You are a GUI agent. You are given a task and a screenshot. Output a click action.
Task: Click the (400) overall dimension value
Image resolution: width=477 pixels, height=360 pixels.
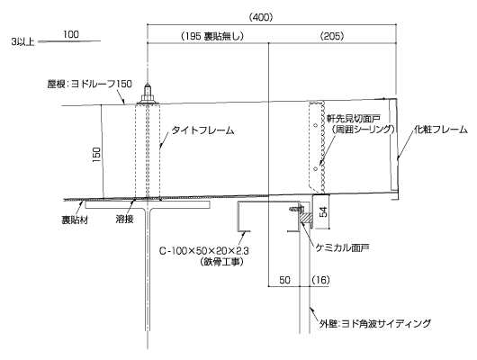pyautogui.click(x=261, y=18)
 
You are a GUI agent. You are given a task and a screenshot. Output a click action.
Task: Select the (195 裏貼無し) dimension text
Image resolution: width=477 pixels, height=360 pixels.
pyautogui.click(x=212, y=37)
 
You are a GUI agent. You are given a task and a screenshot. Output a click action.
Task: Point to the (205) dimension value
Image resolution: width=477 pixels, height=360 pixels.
pyautogui.click(x=332, y=37)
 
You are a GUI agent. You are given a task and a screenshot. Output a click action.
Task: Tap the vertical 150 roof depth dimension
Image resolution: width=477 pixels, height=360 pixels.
pyautogui.click(x=96, y=154)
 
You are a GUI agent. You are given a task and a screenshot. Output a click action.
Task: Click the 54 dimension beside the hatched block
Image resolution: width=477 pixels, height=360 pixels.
pyautogui.click(x=324, y=211)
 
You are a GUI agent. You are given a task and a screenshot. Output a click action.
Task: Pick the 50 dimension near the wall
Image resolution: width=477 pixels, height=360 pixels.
pyautogui.click(x=284, y=280)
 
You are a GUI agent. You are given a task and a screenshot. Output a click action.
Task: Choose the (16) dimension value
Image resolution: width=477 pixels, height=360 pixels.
pyautogui.click(x=320, y=280)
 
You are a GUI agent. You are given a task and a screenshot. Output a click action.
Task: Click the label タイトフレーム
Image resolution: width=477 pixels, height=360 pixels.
pyautogui.click(x=202, y=130)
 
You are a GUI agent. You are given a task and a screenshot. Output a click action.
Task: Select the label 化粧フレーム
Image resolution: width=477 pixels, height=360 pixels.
pyautogui.click(x=441, y=130)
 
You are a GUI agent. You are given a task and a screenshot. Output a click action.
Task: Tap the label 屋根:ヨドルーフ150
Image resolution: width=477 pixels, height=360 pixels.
pyautogui.click(x=89, y=84)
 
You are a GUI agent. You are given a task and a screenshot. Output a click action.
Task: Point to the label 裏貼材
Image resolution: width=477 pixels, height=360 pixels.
pyautogui.click(x=75, y=220)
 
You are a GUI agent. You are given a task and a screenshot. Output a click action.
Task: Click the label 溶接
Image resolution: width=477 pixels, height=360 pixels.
pyautogui.click(x=124, y=219)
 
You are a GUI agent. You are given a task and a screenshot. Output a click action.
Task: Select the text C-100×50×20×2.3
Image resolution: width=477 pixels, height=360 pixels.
pyautogui.click(x=204, y=251)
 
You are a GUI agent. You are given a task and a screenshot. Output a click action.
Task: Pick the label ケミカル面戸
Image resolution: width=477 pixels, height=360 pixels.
pyautogui.click(x=342, y=247)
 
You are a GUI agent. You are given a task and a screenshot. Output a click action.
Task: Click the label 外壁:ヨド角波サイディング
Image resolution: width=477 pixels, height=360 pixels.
pyautogui.click(x=375, y=323)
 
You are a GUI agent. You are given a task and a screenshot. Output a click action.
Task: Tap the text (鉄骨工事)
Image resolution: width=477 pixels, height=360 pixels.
pyautogui.click(x=221, y=262)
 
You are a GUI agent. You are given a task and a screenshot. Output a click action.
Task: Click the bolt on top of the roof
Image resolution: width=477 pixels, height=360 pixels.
pyautogui.click(x=148, y=94)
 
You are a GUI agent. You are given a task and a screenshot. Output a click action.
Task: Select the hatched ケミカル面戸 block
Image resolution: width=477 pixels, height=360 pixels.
pyautogui.click(x=304, y=217)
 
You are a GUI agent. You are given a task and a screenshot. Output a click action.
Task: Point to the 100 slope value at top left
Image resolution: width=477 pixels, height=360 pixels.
pyautogui.click(x=71, y=34)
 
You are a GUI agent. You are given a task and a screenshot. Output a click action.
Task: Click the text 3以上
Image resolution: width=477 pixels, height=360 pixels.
pyautogui.click(x=22, y=42)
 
